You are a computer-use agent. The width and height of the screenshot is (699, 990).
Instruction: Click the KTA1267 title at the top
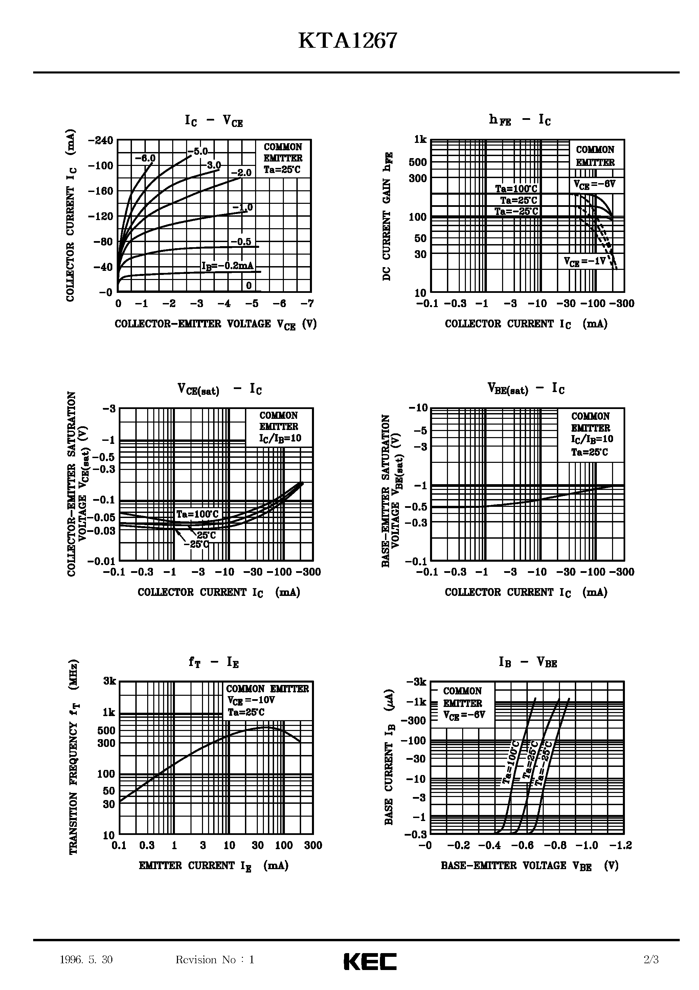[x=347, y=42]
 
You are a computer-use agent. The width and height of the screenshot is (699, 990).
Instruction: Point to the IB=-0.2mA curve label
[x=228, y=265]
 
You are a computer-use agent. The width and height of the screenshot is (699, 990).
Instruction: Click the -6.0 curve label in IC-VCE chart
[x=145, y=158]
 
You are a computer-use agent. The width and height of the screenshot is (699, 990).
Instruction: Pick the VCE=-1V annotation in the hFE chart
[x=585, y=261]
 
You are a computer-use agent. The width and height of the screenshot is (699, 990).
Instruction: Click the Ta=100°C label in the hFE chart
[x=516, y=189]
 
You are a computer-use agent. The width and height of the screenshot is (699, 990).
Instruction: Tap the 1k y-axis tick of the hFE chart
[x=420, y=139]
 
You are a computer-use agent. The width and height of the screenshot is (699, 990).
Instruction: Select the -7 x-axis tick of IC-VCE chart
[x=307, y=304]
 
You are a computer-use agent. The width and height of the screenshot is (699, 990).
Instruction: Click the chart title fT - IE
[x=214, y=662]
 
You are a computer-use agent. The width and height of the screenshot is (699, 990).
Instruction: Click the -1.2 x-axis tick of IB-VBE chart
[x=621, y=845]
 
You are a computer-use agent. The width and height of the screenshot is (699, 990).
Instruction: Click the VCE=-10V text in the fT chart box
[x=251, y=700]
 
